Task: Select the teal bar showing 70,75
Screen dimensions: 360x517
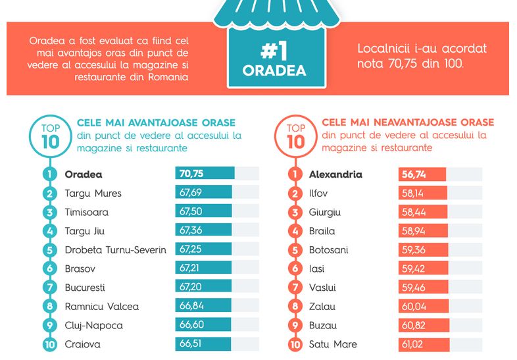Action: click(205, 174)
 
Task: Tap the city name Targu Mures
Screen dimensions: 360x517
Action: click(93, 193)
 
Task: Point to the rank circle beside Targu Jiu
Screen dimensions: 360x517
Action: click(49, 231)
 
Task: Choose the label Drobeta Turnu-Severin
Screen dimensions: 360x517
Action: click(115, 250)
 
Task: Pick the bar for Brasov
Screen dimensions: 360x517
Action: click(203, 269)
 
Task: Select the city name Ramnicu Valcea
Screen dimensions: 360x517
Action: click(101, 307)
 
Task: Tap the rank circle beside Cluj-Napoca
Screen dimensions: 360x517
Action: click(49, 325)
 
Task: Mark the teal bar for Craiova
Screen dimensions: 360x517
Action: click(203, 344)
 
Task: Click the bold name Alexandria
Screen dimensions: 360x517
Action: click(335, 175)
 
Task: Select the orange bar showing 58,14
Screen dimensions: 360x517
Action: click(423, 193)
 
